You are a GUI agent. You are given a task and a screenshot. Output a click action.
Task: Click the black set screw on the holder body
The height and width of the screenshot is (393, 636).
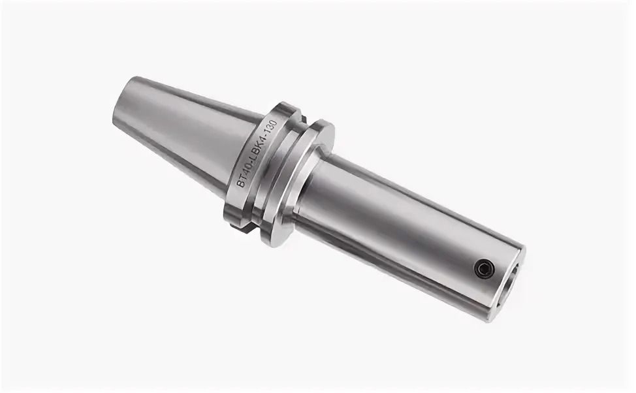coord(485,269)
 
